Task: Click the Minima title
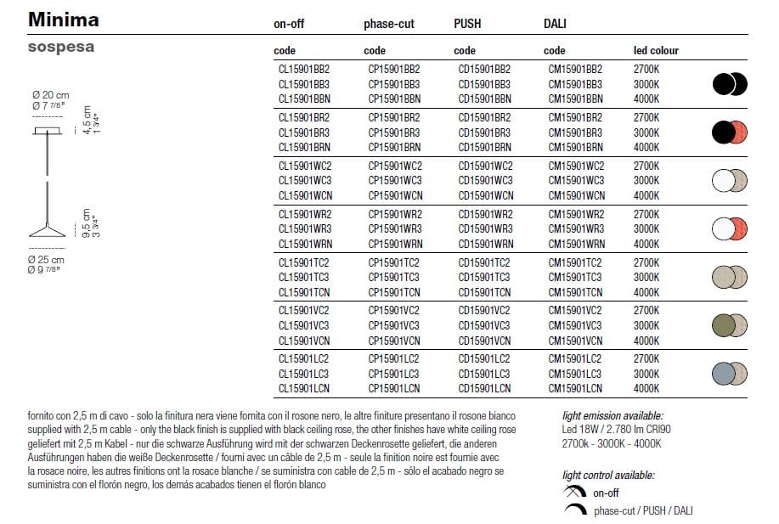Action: [64, 20]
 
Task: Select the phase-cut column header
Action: [388, 24]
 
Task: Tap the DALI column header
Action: [555, 24]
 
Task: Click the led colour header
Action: [656, 51]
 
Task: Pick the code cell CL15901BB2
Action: [303, 69]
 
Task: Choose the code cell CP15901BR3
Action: [393, 132]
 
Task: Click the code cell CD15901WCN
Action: [485, 195]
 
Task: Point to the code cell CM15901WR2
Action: [576, 214]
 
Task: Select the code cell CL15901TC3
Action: [303, 278]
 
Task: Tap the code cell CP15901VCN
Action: [393, 341]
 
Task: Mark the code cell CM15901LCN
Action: [576, 389]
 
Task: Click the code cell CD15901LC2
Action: [485, 358]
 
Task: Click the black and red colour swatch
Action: [729, 132]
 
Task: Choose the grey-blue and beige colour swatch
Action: [729, 374]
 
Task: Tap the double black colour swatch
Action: [729, 84]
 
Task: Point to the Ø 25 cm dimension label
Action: [46, 259]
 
